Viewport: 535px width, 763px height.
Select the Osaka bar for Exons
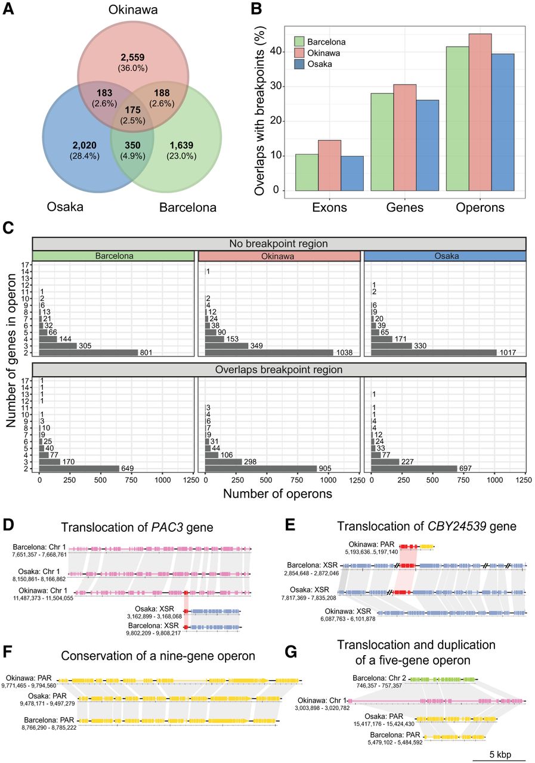351,173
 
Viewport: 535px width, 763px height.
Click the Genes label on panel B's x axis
405,208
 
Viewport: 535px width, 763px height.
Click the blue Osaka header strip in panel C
444,255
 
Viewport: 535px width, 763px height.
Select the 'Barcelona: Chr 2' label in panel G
377,678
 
